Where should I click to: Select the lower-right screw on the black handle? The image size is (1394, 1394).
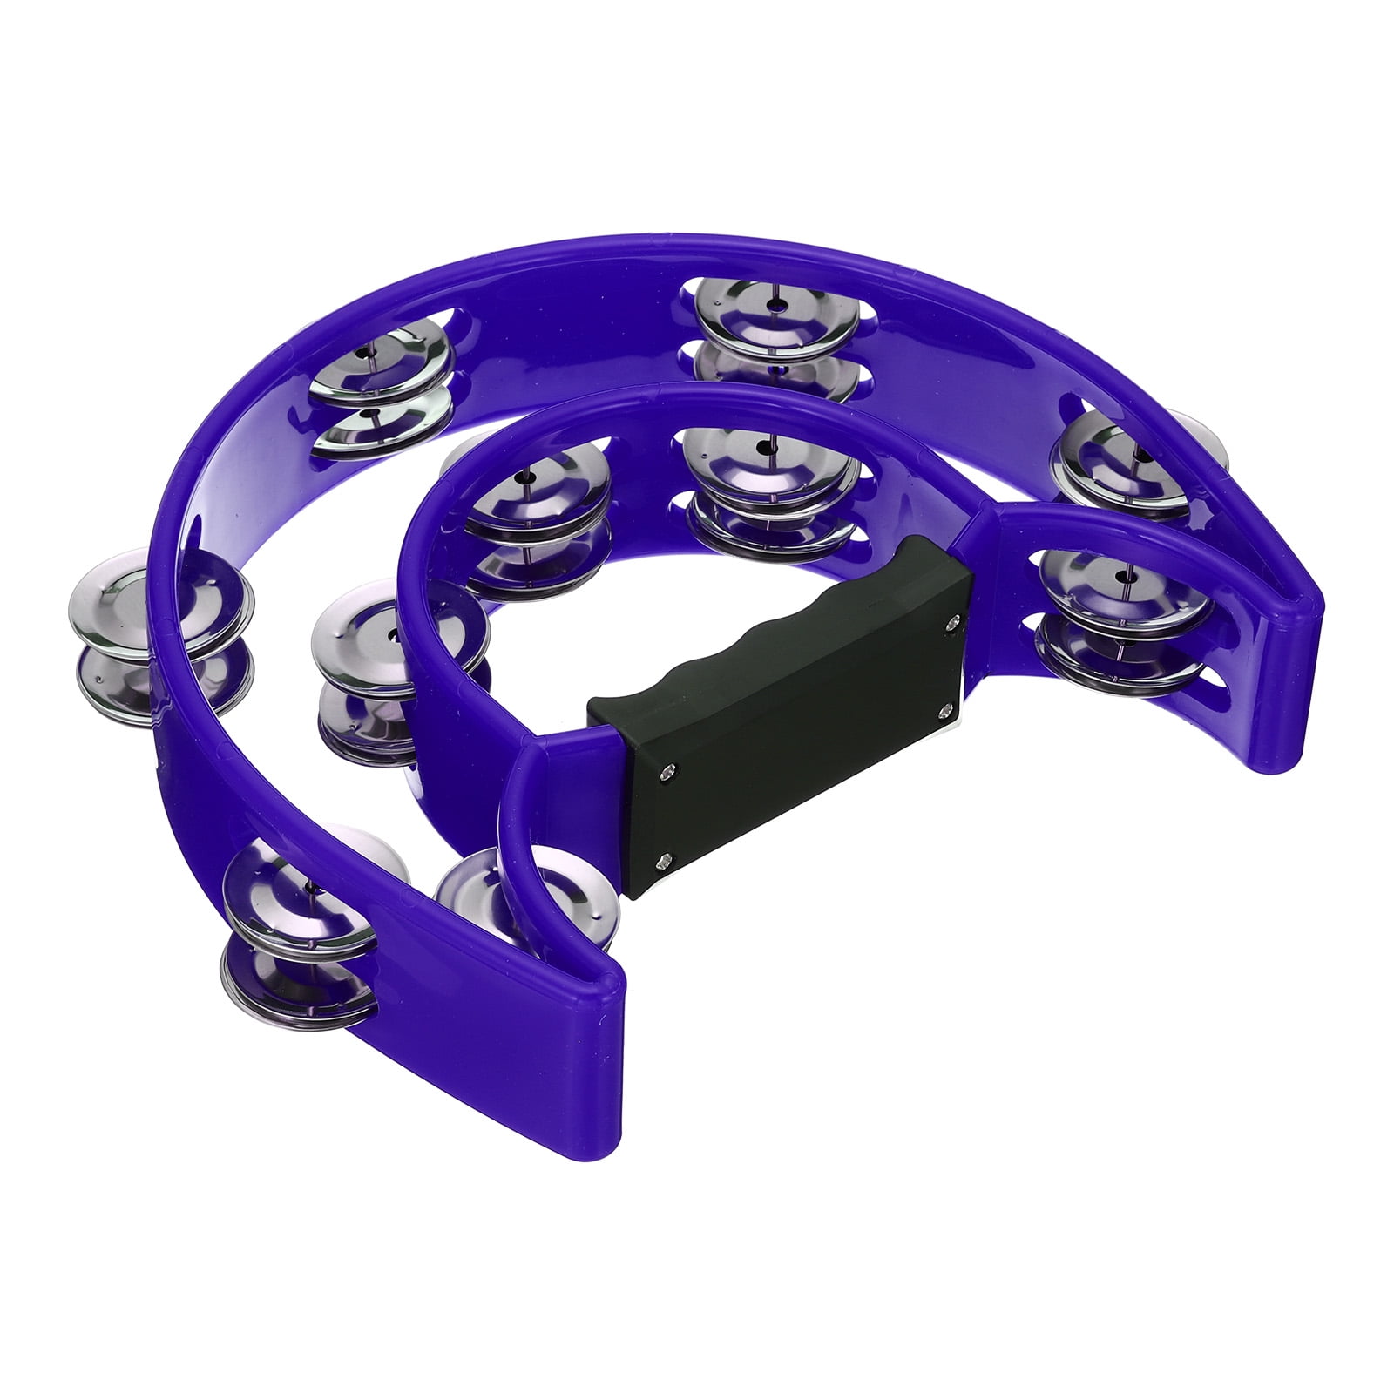(944, 710)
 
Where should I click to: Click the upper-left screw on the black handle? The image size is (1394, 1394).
(668, 768)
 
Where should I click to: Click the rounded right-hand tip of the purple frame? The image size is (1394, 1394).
(1298, 662)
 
